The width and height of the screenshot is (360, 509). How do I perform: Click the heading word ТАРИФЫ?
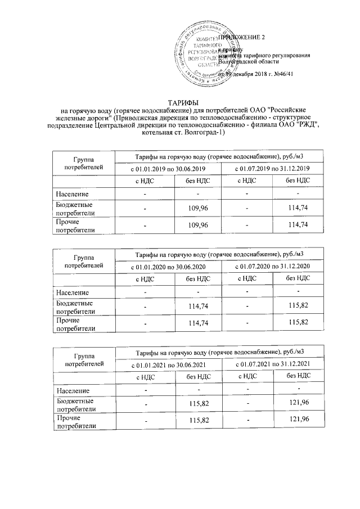click(179, 101)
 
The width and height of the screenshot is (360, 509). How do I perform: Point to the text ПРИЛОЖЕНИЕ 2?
click(246, 37)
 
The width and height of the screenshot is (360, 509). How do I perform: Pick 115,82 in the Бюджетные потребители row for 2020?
click(298, 306)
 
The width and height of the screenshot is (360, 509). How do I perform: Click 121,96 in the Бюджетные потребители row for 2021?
click(298, 404)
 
